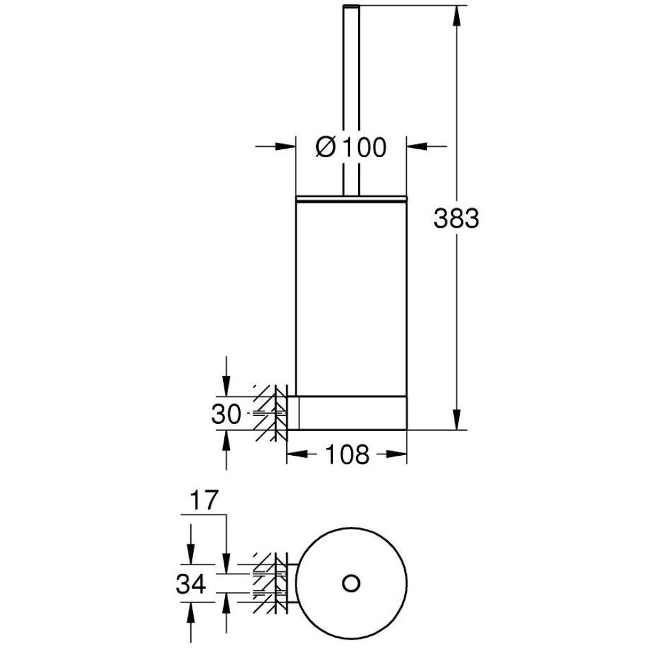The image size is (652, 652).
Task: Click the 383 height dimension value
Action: click(456, 218)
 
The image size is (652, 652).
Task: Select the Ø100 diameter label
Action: click(351, 147)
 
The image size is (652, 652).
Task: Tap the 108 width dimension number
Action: click(347, 454)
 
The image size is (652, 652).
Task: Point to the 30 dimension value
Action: click(226, 414)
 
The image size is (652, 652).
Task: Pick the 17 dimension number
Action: click(204, 500)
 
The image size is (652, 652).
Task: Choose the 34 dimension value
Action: click(191, 583)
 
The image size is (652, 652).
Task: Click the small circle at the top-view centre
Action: click(351, 583)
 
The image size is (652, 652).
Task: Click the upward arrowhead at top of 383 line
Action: click(456, 16)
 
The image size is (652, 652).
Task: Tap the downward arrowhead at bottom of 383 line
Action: click(456, 419)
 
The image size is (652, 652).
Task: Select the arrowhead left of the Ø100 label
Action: click(286, 146)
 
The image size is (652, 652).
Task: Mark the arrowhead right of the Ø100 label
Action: click(417, 146)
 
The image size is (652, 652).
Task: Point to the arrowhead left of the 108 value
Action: click(297, 454)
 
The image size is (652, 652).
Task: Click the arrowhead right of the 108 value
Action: click(396, 454)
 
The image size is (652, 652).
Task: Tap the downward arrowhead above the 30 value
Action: click(226, 386)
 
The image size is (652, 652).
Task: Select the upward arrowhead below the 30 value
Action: click(226, 440)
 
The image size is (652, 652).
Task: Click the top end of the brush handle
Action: click(351, 6)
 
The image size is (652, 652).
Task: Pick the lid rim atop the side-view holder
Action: click(351, 198)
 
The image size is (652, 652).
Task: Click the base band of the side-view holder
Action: click(353, 413)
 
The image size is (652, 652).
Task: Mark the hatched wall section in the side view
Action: click(271, 413)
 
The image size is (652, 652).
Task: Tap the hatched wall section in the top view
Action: click(271, 583)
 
